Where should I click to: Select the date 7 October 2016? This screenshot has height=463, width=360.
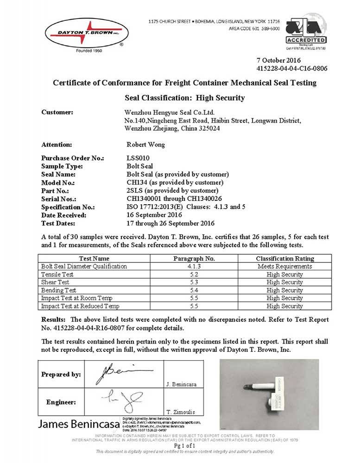pos(278,61)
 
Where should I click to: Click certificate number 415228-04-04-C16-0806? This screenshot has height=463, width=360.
pos(291,69)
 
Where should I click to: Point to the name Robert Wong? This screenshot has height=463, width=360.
pos(143,144)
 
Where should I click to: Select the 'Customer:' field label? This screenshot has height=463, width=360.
pos(57,112)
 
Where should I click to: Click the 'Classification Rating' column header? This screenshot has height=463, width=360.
pos(284,259)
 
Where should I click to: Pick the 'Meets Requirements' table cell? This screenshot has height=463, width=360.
pos(284,266)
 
